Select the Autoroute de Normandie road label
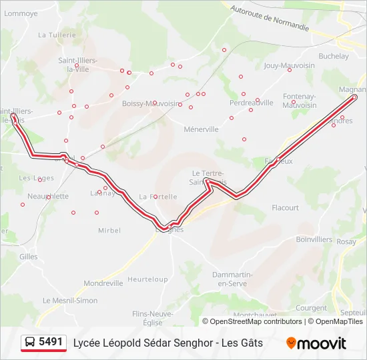(x=270, y=19)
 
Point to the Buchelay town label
(x=334, y=57)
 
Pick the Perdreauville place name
(x=251, y=103)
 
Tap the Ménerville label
(x=201, y=129)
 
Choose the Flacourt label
(x=285, y=208)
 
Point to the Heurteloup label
(x=147, y=279)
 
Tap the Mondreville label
(x=103, y=283)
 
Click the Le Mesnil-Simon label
(x=70, y=301)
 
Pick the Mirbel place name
(x=109, y=231)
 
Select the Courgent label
(x=310, y=308)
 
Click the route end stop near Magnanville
(x=354, y=97)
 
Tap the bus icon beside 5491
(x=30, y=343)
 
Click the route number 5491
(x=51, y=342)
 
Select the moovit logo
(x=316, y=343)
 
